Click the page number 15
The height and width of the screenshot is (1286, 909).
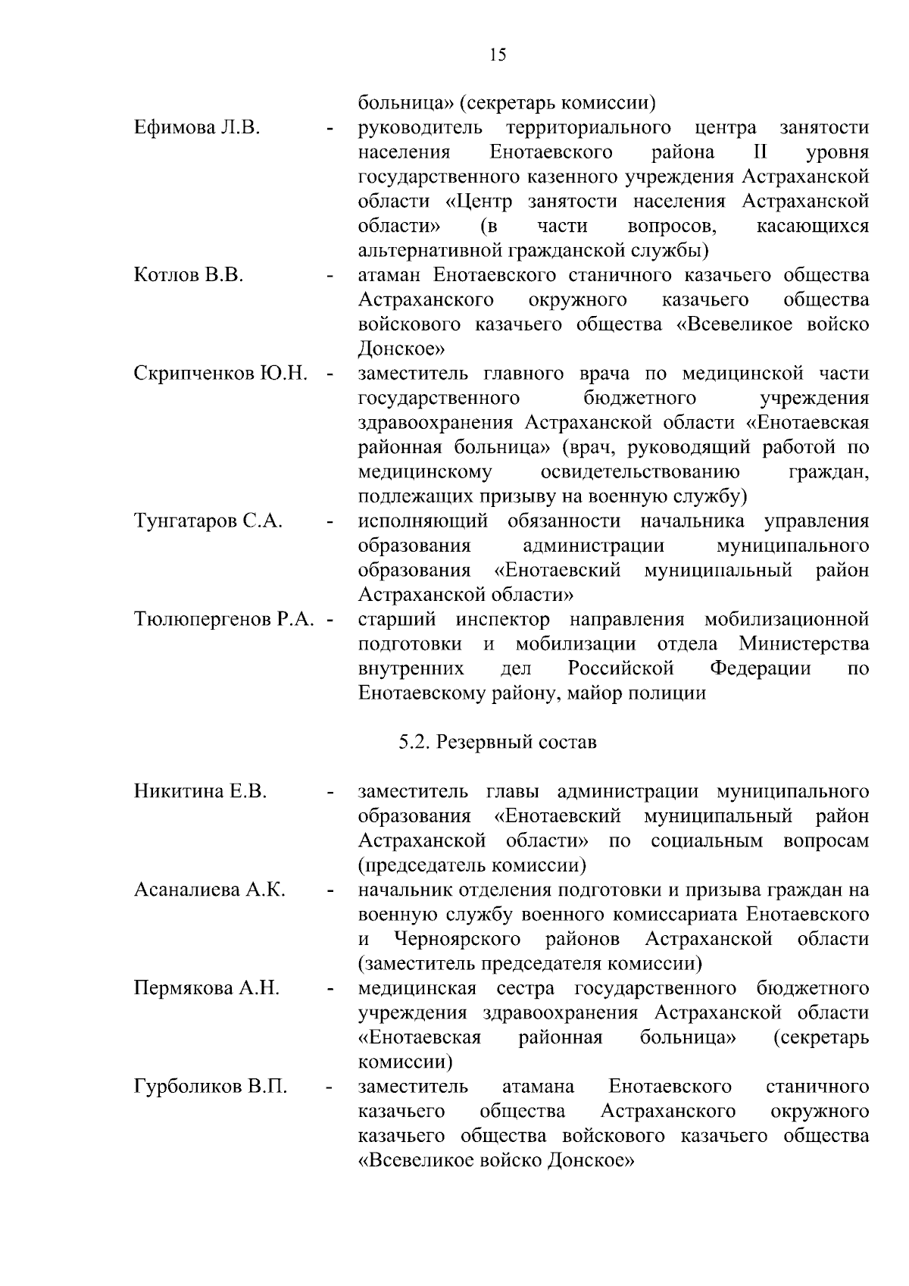tap(498, 55)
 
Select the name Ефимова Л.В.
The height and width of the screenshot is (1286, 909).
tap(197, 127)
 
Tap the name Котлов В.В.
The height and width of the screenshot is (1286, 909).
tap(189, 275)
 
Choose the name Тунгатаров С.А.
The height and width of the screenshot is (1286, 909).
tap(208, 521)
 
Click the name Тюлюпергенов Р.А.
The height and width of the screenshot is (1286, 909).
tap(223, 620)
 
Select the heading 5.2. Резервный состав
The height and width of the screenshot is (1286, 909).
tap(498, 742)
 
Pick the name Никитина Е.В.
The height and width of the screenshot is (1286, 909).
tap(201, 792)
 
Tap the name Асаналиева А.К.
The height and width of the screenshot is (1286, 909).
tap(210, 890)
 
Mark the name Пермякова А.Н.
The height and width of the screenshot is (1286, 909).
tap(207, 989)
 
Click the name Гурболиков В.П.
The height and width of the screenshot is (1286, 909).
tap(211, 1087)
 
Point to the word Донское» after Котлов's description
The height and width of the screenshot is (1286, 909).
tap(401, 349)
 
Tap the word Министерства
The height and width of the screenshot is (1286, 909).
tap(804, 645)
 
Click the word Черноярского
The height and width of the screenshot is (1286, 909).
tap(458, 940)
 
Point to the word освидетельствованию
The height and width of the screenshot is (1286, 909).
tap(640, 472)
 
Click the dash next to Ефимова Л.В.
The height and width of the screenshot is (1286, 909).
tap(330, 129)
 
